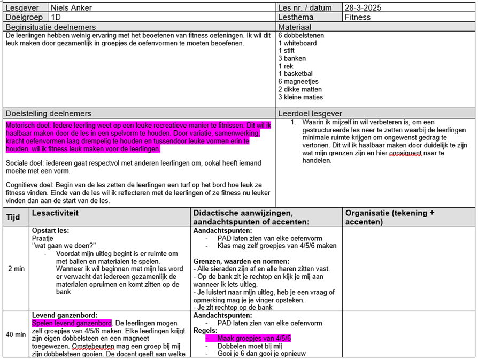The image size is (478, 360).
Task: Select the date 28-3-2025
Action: [363, 7]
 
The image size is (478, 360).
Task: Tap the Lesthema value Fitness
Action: [358, 17]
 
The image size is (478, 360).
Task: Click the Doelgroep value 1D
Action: [56, 17]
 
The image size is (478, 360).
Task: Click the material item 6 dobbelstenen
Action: [301, 35]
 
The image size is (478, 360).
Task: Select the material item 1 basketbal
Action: [296, 74]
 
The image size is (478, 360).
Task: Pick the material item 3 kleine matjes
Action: [300, 97]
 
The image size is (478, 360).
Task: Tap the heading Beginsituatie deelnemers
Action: [51, 27]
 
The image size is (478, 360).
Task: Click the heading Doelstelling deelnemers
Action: [49, 113]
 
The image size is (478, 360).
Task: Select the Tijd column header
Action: [13, 217]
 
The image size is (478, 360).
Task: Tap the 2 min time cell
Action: [16, 269]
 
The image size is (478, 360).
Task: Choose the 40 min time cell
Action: [16, 334]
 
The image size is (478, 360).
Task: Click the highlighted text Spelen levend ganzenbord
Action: [72, 323]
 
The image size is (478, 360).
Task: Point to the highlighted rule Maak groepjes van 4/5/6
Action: [254, 338]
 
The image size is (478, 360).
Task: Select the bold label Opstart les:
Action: [50, 231]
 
